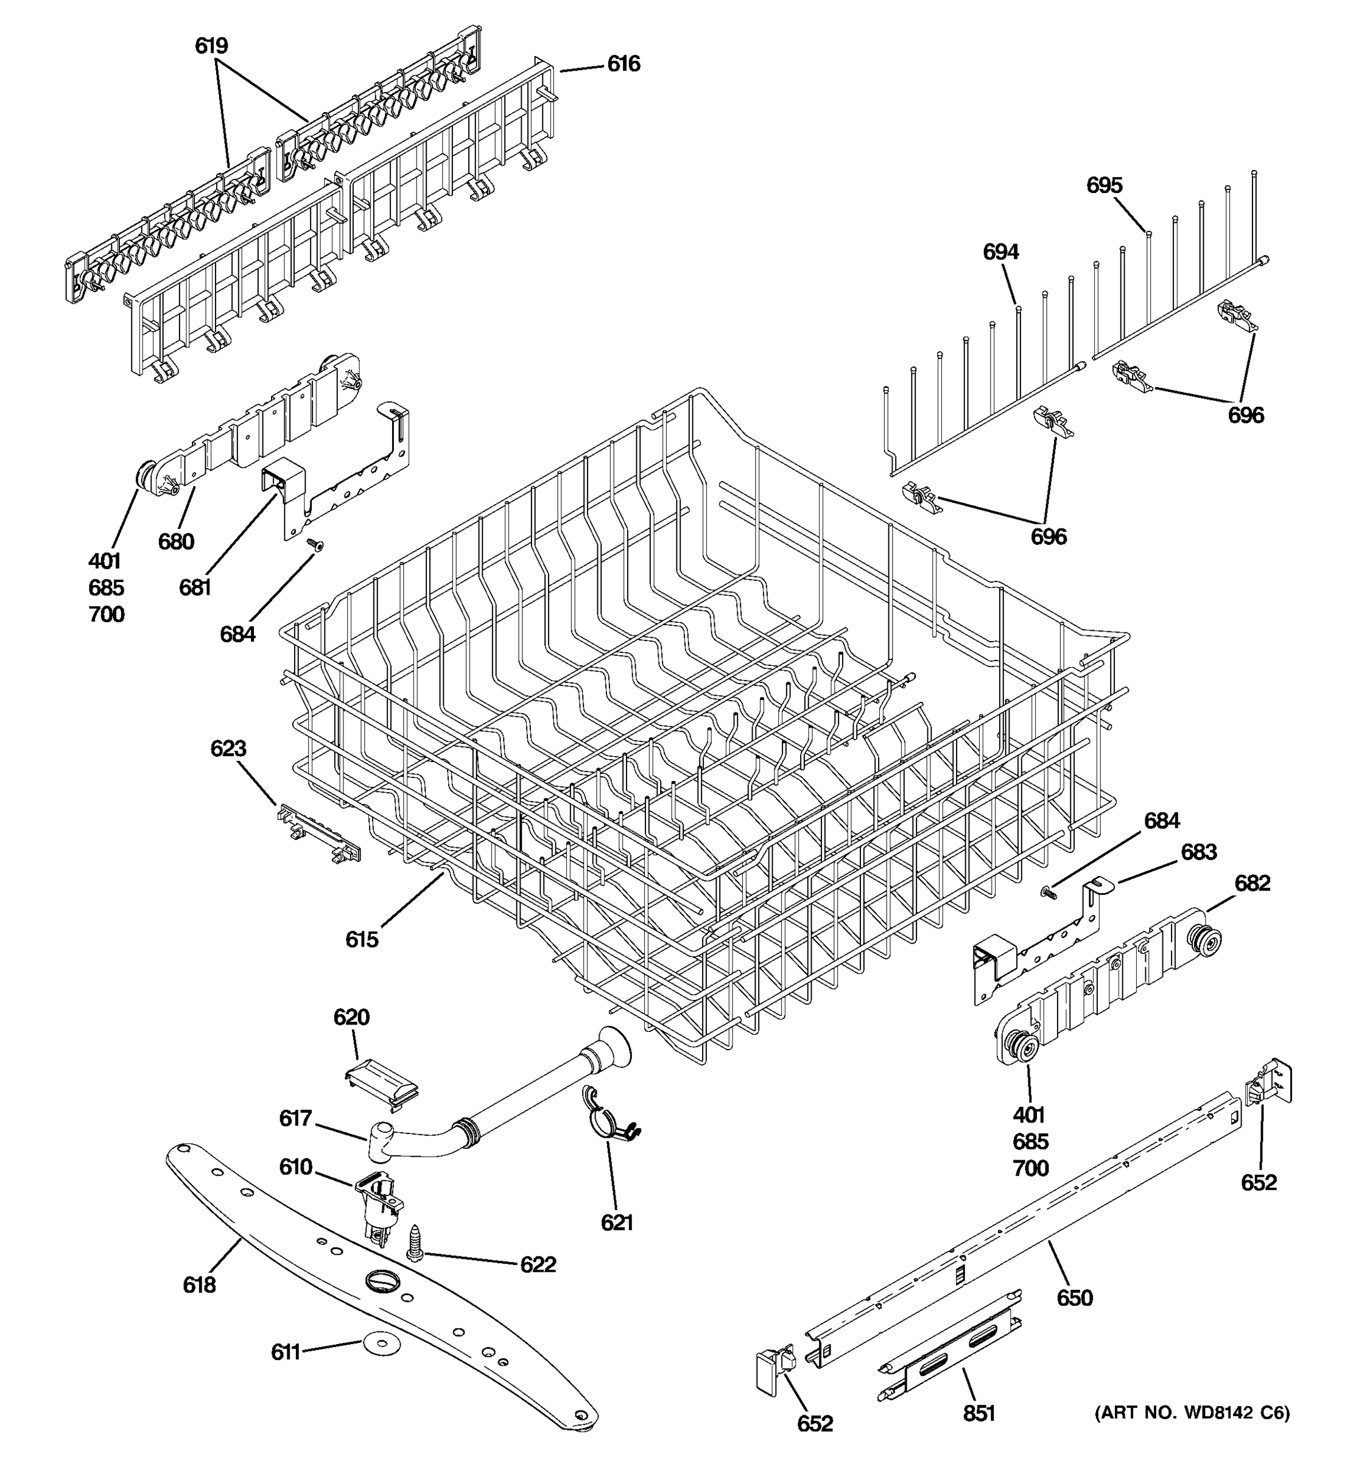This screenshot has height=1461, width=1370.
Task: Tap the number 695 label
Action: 1104,185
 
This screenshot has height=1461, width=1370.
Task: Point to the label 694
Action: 1000,252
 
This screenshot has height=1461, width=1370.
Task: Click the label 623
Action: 228,748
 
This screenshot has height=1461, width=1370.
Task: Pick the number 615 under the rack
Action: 362,939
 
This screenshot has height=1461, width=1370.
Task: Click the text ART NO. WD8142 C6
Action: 1192,1412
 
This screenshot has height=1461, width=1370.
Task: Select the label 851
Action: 979,1414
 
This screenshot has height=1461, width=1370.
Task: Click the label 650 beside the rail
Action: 1075,1298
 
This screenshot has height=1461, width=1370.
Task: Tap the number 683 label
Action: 1198,852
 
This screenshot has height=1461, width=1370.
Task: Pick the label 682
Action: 1252,883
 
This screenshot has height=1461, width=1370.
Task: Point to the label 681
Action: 195,587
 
